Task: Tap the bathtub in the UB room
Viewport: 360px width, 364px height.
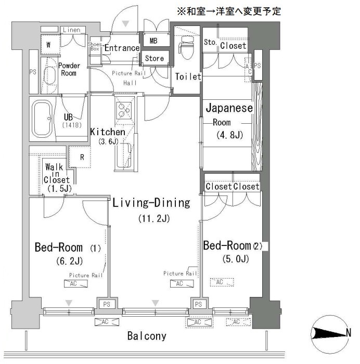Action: (42, 119)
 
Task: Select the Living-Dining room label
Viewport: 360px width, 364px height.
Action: (151, 203)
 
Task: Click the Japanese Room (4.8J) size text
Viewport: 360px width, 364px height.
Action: (229, 135)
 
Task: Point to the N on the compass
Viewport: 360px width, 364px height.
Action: (348, 333)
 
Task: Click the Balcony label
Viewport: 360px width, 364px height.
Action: (147, 336)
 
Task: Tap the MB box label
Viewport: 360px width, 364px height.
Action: (153, 41)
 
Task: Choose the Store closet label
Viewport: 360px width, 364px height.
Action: (154, 58)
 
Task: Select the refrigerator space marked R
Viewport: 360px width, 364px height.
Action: (80, 157)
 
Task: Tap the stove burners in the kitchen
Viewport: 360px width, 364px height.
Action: (124, 110)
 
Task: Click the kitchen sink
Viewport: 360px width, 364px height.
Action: (124, 155)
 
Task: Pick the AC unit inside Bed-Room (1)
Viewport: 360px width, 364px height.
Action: (76, 284)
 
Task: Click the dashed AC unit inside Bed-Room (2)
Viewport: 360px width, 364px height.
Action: (222, 282)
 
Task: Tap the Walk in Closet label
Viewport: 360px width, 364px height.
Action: (57, 178)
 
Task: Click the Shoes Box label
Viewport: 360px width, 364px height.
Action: (95, 46)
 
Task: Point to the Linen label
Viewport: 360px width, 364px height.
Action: (72, 30)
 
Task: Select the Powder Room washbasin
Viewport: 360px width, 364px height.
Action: (50, 76)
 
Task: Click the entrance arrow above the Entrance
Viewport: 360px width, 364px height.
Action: (126, 24)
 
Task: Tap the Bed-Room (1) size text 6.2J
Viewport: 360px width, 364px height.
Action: (69, 261)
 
